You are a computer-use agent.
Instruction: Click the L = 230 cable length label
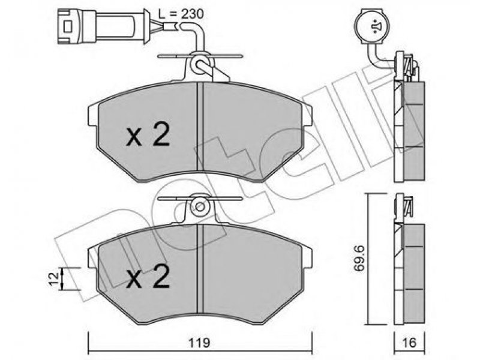(181, 14)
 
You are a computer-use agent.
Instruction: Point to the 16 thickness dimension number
(409, 343)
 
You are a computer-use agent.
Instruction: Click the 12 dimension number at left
(54, 279)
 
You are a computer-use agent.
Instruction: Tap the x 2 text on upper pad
(148, 135)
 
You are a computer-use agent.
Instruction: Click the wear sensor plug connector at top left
(103, 26)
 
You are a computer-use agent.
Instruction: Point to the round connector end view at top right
(372, 26)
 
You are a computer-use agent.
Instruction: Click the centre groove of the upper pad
(200, 127)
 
